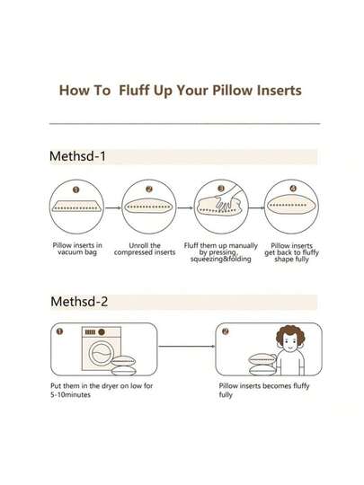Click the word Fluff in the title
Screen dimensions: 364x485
pyautogui.click(x=134, y=91)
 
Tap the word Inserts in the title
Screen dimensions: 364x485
pyautogui.click(x=280, y=91)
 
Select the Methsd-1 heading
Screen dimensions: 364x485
pyautogui.click(x=77, y=156)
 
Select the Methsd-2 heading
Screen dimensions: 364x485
pyautogui.click(x=79, y=301)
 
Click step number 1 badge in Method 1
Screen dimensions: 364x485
pyautogui.click(x=76, y=190)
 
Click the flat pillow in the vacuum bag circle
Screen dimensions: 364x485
pyautogui.click(x=76, y=206)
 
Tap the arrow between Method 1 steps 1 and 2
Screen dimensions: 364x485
pyautogui.click(x=113, y=207)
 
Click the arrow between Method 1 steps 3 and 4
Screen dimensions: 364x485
pyautogui.click(x=256, y=207)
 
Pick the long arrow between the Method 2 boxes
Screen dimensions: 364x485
pyautogui.click(x=187, y=346)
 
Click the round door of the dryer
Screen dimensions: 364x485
pyautogui.click(x=101, y=354)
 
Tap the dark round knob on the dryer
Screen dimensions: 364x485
pyautogui.click(x=102, y=332)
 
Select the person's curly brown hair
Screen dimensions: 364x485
pyautogui.click(x=290, y=336)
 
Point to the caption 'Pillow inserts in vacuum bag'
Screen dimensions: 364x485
pyautogui.click(x=77, y=249)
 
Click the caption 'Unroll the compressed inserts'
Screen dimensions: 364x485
pyautogui.click(x=145, y=249)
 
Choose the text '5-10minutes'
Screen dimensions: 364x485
pyautogui.click(x=71, y=395)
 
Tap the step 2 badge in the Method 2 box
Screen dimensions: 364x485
pyautogui.click(x=226, y=331)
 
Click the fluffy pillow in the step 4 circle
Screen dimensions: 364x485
pyautogui.click(x=291, y=205)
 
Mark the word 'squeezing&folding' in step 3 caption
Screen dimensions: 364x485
pyautogui.click(x=220, y=260)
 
